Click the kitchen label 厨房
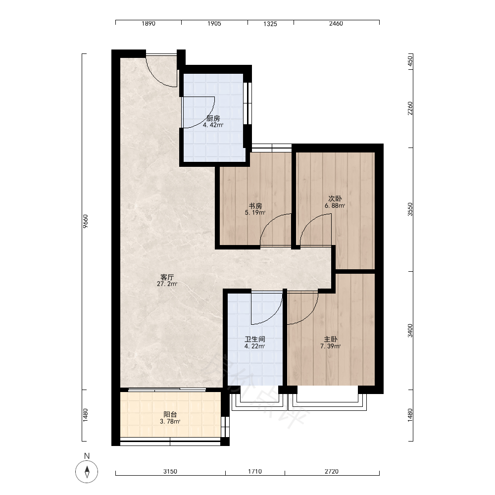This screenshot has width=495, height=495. coord(213,118)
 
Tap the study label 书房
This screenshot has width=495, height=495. coord(255,206)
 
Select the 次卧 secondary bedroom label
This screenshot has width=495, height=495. coord(335,198)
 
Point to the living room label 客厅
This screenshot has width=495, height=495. coord(167,277)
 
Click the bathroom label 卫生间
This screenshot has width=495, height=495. coord(255,340)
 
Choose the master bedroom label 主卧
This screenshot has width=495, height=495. coord(331,340)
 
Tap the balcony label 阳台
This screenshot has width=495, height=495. coord(170,414)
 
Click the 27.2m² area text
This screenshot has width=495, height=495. coord(167,284)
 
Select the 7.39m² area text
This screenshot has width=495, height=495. coord(331,346)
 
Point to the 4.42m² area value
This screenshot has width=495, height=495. coord(213,125)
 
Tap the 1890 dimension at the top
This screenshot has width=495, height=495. coord(148,24)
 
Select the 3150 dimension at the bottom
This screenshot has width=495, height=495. coord(170,471)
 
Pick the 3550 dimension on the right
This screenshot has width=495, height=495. coord(410,209)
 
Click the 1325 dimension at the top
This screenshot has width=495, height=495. coord(270,24)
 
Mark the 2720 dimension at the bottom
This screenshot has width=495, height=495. coord(332,471)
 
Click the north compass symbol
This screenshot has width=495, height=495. coord(87,472)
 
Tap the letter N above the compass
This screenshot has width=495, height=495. coord(87,456)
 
